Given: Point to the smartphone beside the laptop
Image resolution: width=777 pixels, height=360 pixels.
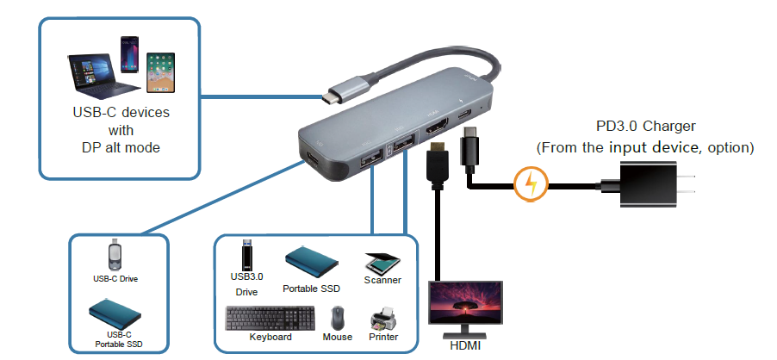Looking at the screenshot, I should [130, 57].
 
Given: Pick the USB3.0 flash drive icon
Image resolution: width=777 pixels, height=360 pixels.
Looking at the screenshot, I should [247, 254].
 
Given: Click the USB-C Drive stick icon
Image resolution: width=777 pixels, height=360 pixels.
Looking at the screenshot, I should [114, 256].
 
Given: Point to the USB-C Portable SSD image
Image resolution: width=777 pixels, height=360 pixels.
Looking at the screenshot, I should [113, 311].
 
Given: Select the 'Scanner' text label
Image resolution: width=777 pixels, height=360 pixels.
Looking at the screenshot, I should [383, 281].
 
